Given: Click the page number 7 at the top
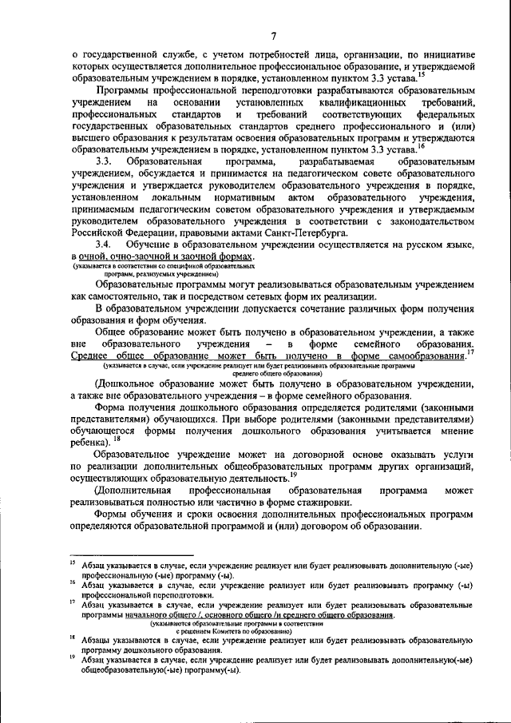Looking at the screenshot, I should [x=272, y=35].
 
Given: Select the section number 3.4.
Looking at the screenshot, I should [x=105, y=243].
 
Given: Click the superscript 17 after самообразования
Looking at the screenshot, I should [x=469, y=351].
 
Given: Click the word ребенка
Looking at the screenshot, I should [x=90, y=440].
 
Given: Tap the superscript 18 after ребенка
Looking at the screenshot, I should [x=118, y=438].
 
